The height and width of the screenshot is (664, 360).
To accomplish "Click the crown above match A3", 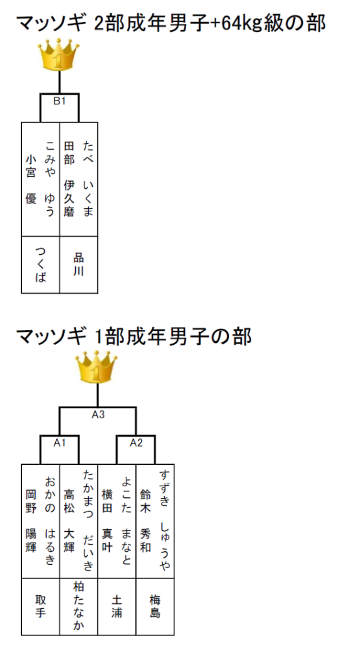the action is pos(97,368).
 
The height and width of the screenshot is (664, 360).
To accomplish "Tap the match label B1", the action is pos(59,102).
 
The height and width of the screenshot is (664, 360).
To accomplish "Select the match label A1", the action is pos(59,443).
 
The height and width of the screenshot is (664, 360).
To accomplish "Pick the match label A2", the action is pos(136,443).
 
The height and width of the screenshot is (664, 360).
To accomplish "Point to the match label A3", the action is pos(98,414).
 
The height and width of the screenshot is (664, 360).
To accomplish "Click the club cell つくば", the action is pos(41,265).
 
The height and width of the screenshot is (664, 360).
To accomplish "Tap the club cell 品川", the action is pos(78,265).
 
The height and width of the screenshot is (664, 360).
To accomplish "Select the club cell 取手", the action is pos(41,606).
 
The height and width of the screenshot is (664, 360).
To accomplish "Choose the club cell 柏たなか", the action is pos(78,606).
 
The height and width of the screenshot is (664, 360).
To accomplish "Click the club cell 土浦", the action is pos(117,606).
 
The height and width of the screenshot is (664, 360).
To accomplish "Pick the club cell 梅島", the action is pos(155,606).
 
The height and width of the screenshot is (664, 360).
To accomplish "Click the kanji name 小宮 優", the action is pos(31,179).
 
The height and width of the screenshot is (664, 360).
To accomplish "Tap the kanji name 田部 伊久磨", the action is pos(69,179).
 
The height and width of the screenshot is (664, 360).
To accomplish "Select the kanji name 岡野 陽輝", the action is pos(31,521).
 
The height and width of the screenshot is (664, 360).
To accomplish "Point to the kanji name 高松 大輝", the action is pos(69,521).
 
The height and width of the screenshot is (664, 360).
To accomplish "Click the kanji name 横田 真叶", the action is pos(107,521).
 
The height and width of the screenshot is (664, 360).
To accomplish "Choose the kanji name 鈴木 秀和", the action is pos(145,521).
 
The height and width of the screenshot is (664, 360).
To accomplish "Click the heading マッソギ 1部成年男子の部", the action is pos(134,337).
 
